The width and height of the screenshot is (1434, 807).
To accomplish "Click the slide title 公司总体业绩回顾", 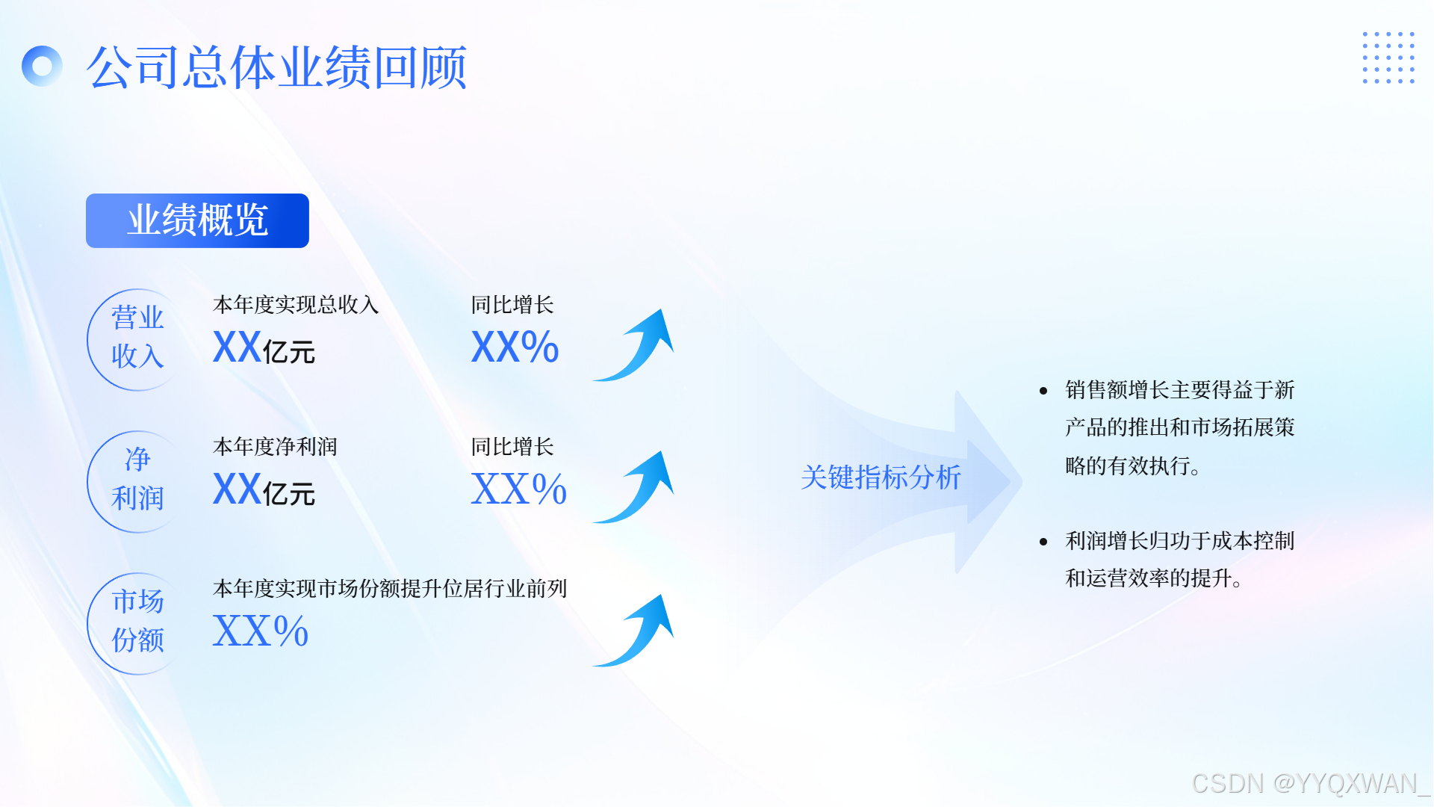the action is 276,67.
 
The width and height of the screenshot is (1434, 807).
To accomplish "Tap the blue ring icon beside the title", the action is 43,67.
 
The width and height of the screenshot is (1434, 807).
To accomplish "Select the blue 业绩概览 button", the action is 197,220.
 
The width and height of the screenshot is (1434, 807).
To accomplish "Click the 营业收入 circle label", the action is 137,338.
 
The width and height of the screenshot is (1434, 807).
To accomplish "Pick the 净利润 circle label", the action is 137,480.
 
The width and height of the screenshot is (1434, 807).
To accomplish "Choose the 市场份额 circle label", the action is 137,622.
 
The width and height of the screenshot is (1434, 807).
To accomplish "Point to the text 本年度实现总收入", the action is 296,305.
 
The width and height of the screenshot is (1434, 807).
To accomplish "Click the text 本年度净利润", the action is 275,447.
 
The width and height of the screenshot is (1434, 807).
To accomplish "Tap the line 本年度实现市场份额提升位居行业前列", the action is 390,589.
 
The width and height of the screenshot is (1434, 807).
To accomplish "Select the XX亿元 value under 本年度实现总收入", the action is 264,348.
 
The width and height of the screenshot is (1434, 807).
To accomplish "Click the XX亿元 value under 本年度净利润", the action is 264,490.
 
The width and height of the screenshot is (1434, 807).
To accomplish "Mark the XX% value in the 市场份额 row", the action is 261,631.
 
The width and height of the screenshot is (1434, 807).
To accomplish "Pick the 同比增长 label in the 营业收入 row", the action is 512,305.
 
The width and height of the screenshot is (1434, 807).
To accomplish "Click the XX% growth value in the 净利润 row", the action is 518,490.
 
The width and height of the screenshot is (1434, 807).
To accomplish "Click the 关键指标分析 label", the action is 881,477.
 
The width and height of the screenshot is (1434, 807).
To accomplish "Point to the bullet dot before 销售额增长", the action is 1043,391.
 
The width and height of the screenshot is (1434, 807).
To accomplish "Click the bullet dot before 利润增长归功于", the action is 1043,542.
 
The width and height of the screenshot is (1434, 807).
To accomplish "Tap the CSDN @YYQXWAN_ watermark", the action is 1310,783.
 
